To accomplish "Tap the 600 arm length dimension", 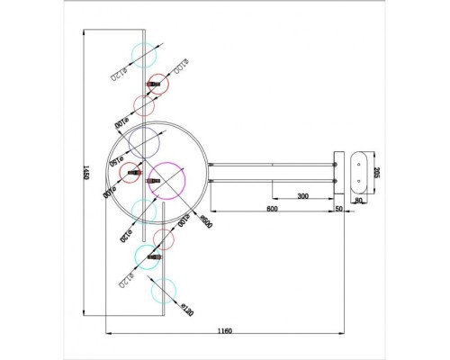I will coord(271,208).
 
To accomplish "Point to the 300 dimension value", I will coord(303,194).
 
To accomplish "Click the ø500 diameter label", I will coord(204,219).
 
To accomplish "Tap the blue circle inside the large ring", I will coord(144,142).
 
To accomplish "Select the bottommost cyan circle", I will coord(164,290).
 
